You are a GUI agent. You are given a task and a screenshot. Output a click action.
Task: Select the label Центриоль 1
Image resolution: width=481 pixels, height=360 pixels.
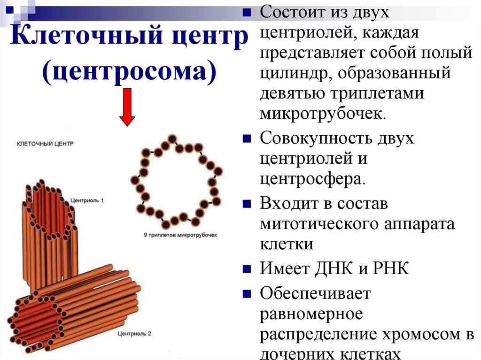87,200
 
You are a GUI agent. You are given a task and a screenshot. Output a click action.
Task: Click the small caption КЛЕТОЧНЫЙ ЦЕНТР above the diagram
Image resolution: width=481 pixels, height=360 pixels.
46,143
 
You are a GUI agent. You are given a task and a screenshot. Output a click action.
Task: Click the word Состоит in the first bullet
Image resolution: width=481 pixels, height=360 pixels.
289,13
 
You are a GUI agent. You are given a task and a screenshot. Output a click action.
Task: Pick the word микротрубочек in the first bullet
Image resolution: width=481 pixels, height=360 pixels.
324,114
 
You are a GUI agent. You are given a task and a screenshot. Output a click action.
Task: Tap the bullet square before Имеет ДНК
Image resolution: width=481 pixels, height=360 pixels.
247,269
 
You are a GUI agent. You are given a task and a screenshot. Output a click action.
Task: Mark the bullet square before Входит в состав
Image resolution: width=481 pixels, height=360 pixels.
247,205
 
